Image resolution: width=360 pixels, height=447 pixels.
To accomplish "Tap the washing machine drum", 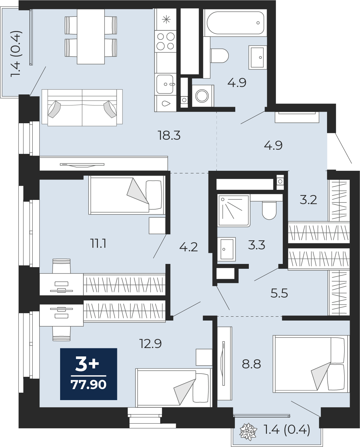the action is click(202, 96).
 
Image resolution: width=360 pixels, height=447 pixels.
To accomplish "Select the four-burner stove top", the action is click(165, 41).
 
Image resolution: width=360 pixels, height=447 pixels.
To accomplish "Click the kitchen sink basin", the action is click(165, 84).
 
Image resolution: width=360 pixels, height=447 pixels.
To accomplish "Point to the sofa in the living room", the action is click(82, 108).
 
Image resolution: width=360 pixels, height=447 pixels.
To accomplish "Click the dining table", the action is click(91, 37).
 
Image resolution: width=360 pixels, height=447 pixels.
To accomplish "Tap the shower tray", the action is click(234, 210).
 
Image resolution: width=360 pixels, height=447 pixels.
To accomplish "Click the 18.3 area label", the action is click(169, 136).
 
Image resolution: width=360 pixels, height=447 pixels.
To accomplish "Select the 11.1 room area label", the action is click(98, 244).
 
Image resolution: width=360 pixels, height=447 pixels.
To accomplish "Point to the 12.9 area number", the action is click(151, 343).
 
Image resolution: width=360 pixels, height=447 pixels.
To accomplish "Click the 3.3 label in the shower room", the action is click(257, 245).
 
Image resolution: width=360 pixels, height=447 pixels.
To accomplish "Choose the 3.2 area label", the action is click(308, 200).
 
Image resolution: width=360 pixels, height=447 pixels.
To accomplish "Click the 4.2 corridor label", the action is click(188, 247).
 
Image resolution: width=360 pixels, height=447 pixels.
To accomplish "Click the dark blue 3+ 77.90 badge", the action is click(89, 374).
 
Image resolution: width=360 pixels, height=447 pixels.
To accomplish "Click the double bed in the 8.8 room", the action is click(311, 364).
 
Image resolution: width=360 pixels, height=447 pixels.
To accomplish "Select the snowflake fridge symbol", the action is click(166, 19).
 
